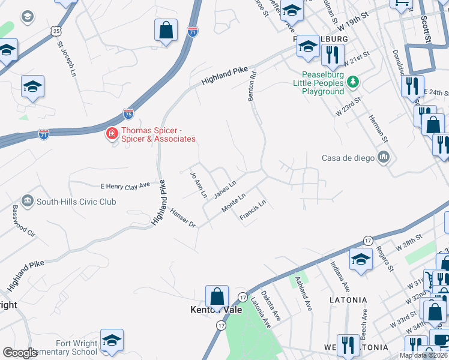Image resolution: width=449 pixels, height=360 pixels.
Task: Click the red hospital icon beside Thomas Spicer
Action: click(112, 133)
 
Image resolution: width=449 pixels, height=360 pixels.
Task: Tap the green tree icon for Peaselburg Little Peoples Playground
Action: click(354, 81)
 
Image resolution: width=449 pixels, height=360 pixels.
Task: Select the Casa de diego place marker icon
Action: click(383, 158)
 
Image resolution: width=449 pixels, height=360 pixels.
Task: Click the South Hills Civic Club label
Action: click(76, 202)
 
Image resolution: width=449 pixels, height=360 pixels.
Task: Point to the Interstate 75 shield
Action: click(128, 113)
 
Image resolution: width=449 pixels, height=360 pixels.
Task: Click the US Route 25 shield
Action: click(56, 30)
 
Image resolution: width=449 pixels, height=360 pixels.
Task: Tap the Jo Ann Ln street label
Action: click(198, 185)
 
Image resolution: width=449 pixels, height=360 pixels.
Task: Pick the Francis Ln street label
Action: click(252, 211)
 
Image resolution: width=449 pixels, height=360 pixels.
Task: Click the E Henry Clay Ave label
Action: click(125, 187)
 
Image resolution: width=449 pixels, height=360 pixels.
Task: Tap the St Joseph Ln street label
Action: click(67, 59)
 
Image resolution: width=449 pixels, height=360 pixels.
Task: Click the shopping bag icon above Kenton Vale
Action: click(217, 297)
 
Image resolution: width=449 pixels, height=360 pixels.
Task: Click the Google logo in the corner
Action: click(20, 353)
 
